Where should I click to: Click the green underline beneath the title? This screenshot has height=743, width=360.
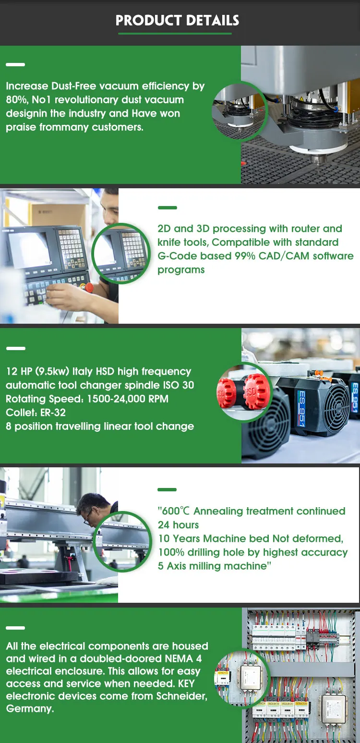pos(175,34)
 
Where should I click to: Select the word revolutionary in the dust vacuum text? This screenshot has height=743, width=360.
pos(86,99)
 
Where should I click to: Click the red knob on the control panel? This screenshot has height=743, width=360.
pos(89,287)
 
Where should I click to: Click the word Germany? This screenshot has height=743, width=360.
pos(30,709)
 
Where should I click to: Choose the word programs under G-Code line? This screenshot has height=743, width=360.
pos(181,270)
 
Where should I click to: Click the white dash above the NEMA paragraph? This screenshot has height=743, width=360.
pos(15,628)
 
